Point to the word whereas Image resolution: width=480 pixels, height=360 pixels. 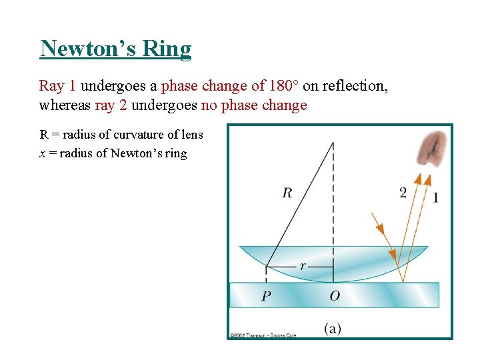[65, 105]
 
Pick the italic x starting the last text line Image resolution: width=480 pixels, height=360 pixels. [43, 154]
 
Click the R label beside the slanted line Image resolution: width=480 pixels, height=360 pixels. [287, 193]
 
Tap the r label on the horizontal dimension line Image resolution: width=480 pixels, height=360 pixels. [303, 265]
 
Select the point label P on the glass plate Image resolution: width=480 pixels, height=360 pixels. [265, 295]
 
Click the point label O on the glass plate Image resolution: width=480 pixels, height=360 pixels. [334, 295]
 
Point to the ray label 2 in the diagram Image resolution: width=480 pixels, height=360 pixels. [403, 193]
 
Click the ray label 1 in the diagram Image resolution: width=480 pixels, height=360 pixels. [435, 197]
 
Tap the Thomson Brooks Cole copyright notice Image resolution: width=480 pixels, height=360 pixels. [263, 335]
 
